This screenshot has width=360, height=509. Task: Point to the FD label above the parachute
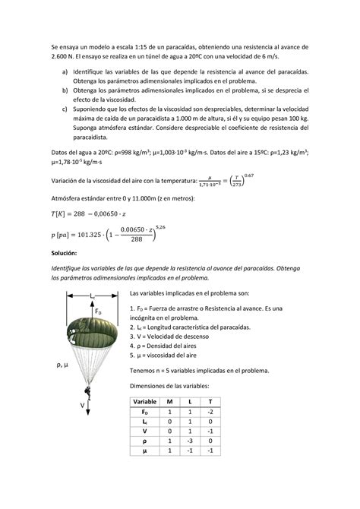click(99, 310)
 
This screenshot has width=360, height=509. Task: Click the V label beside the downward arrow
click(82, 406)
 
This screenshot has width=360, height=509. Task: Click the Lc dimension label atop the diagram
click(91, 292)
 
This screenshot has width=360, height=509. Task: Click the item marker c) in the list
click(65, 109)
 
